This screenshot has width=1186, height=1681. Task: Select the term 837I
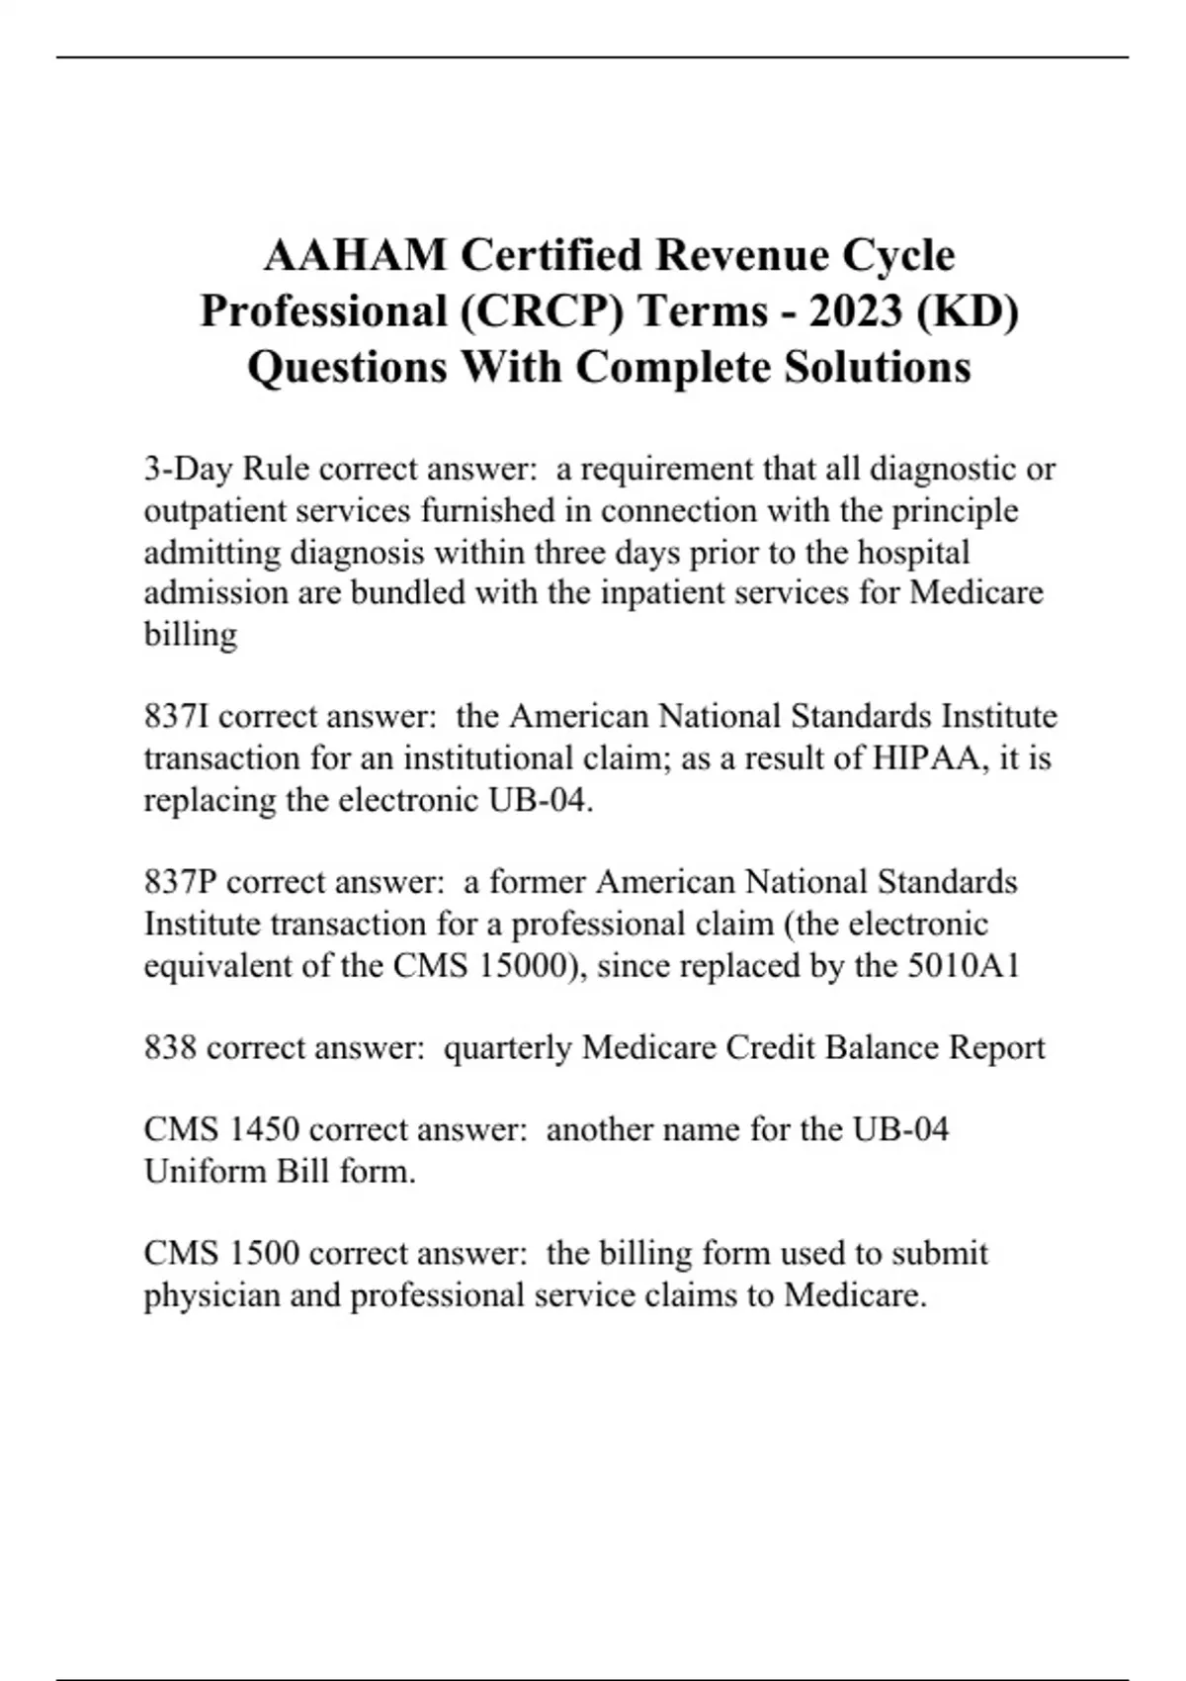pos(177,716)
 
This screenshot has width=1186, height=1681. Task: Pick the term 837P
pos(181,882)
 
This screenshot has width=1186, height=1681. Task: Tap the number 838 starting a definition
pos(170,1047)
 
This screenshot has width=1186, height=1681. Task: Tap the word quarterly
pos(507,1047)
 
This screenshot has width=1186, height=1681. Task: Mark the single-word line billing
pos(190,634)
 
